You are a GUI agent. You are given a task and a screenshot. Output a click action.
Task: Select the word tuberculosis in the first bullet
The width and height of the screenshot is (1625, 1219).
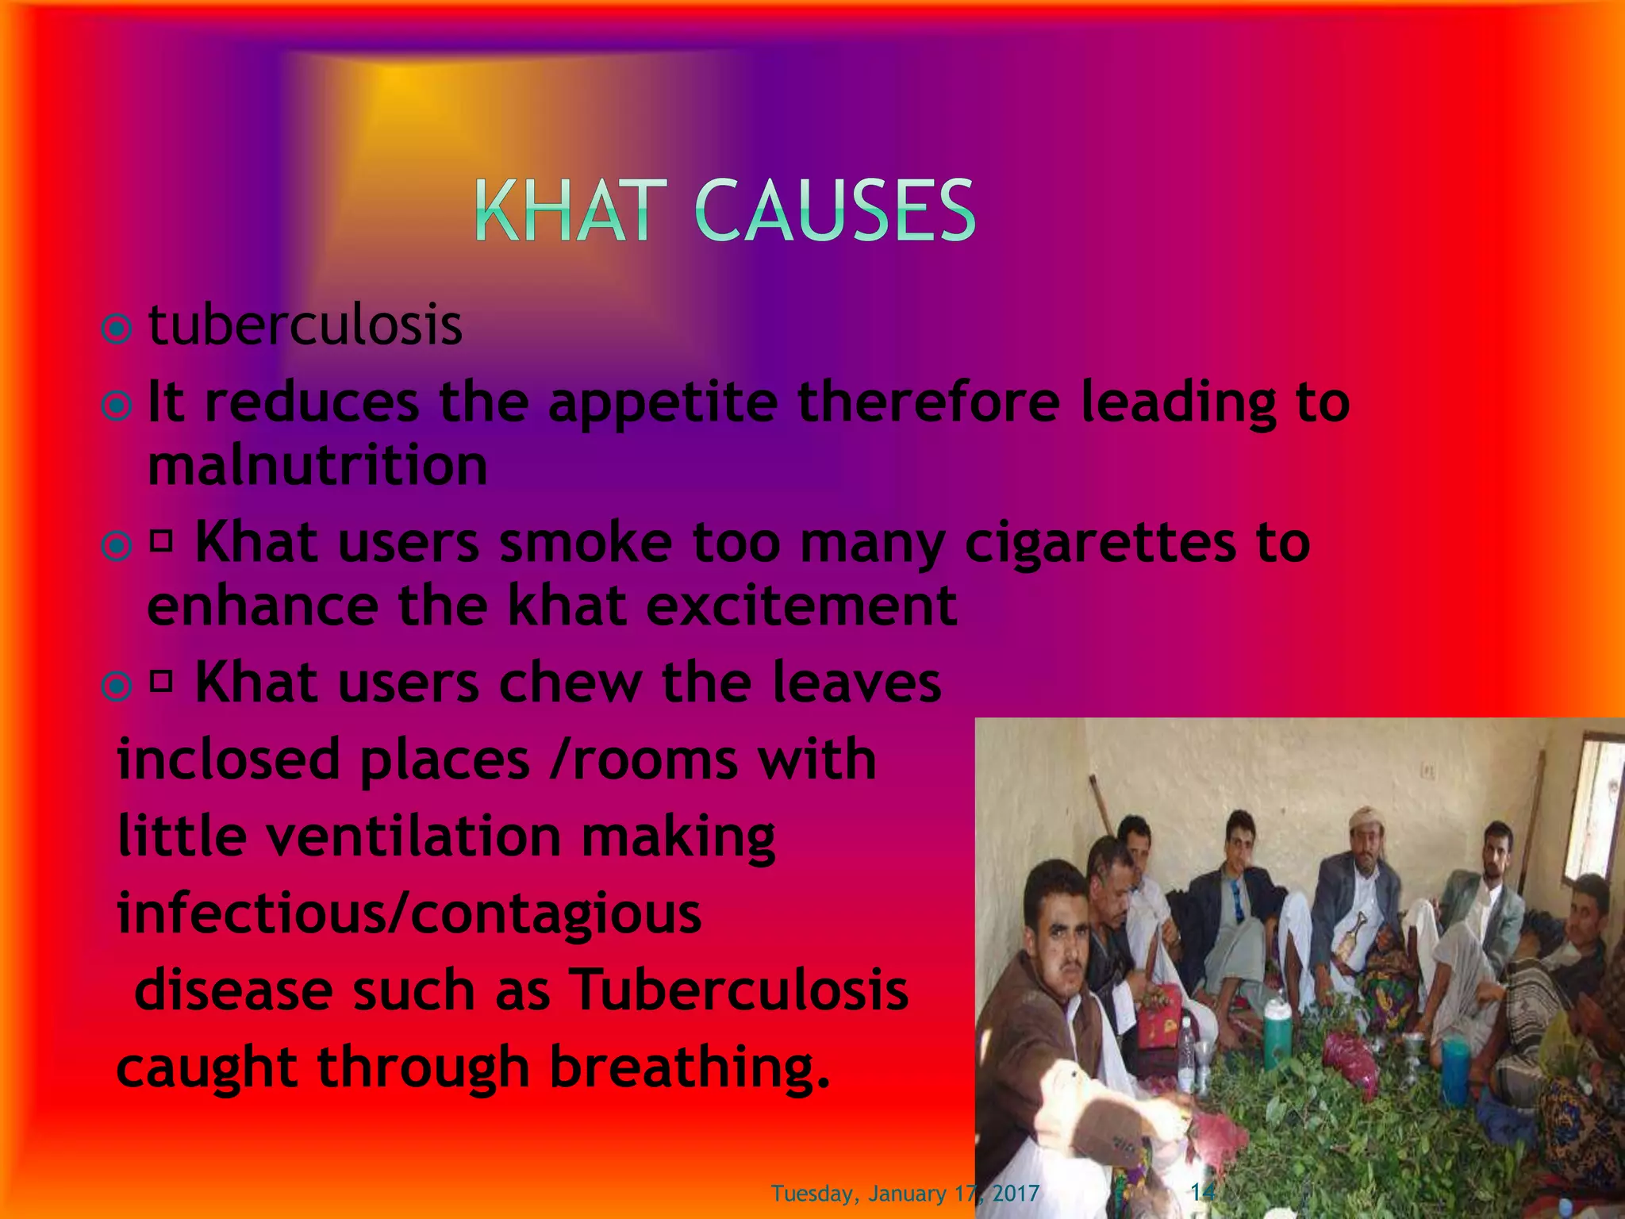pos(305,325)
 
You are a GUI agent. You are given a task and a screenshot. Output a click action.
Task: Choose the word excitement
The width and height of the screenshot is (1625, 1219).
pos(801,606)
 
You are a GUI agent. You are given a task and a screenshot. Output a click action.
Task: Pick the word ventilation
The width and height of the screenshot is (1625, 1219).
pos(413,836)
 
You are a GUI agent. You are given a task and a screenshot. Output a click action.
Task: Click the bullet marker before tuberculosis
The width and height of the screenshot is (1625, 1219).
pos(117,328)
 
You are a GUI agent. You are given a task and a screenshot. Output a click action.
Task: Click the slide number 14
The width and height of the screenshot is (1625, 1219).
pos(1203,1191)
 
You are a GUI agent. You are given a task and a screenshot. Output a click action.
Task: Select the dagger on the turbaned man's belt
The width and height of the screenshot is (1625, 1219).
pos(1355,936)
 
